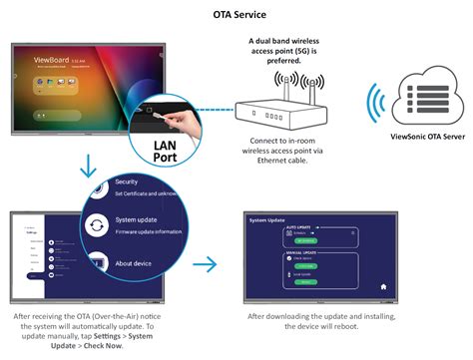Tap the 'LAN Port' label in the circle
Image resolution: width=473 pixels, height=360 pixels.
(157, 153)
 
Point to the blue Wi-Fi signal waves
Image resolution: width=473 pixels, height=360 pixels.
(376, 108)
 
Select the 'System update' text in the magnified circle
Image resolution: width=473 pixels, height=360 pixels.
(137, 220)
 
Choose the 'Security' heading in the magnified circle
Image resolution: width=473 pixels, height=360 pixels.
(127, 182)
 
